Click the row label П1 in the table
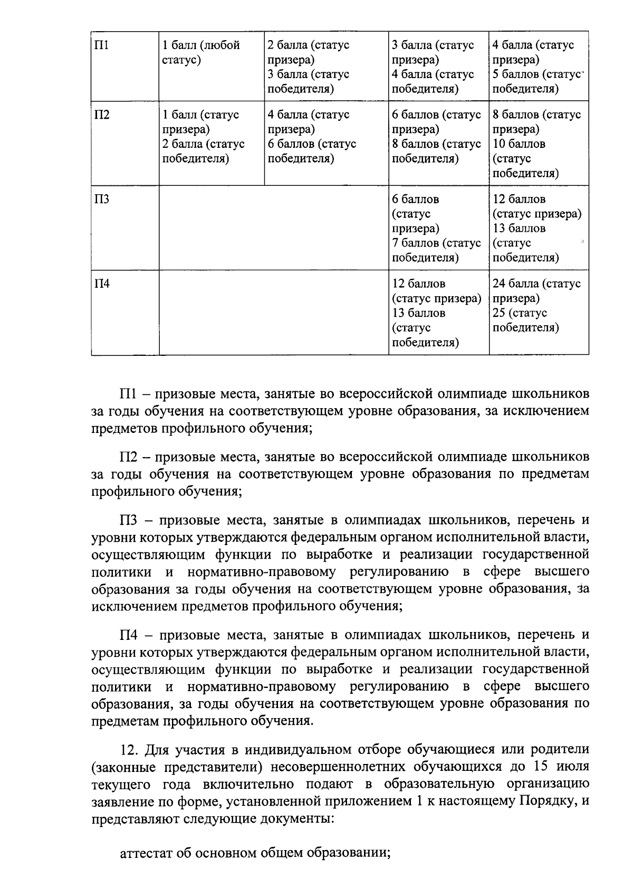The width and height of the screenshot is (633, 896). (101, 45)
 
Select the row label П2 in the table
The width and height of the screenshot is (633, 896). (102, 115)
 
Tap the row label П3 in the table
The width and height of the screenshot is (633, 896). (102, 200)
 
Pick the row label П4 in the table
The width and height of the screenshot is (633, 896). (102, 284)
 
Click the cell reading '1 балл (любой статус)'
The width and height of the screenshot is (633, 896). (200, 52)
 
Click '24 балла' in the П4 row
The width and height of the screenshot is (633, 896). (515, 284)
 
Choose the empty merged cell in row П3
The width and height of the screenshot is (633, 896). (273, 228)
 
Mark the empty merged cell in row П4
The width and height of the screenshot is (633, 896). (273, 312)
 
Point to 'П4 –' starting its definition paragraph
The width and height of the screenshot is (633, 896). (136, 634)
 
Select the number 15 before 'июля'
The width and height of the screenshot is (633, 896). (544, 767)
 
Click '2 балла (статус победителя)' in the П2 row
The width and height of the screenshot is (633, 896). (203, 152)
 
